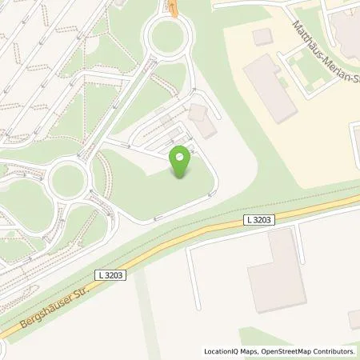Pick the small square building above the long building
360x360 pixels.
(x=262, y=36)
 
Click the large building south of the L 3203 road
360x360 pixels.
(x=276, y=270)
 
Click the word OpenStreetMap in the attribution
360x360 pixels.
(x=283, y=351)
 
